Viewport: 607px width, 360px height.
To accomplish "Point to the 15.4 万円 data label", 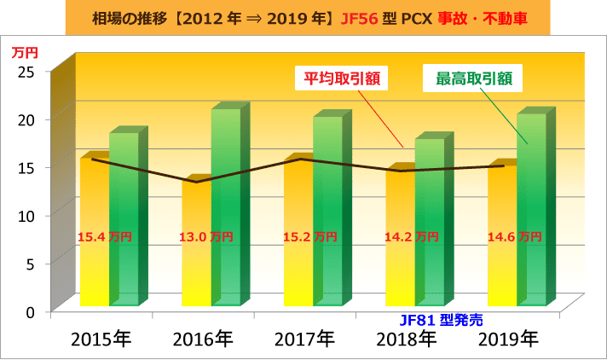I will [104, 236].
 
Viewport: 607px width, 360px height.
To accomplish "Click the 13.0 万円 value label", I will [206, 236].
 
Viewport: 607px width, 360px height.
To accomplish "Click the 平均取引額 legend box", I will [341, 79].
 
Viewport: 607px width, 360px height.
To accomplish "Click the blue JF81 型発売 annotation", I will [441, 320].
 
